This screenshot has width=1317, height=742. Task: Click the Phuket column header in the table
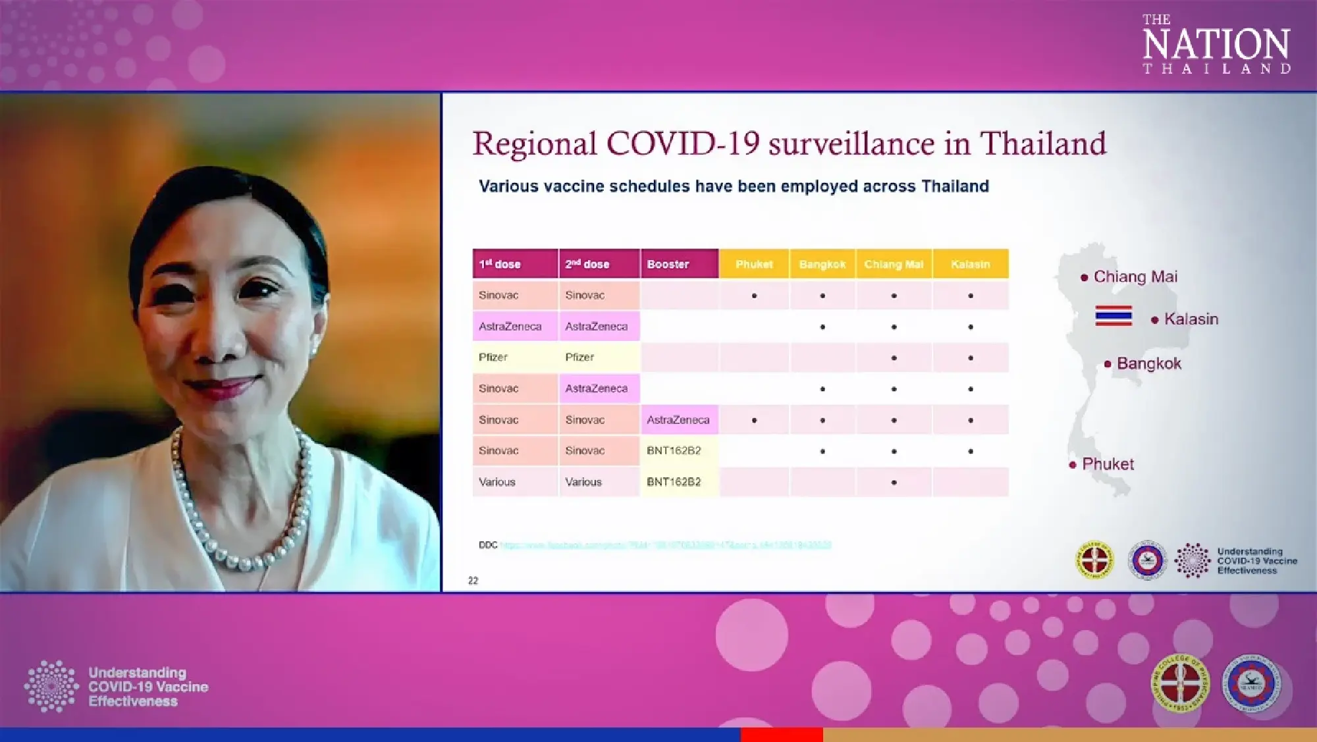(754, 264)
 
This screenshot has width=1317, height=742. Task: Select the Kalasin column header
(970, 264)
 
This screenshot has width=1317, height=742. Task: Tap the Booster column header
(668, 264)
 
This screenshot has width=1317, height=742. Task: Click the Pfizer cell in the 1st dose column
(493, 357)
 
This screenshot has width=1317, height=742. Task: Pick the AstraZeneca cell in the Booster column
(678, 419)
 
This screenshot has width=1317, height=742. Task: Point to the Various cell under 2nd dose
(583, 482)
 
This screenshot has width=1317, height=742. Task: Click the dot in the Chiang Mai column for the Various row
(894, 483)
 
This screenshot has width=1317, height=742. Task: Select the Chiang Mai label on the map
(1135, 277)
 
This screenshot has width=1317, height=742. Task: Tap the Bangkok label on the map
(1148, 363)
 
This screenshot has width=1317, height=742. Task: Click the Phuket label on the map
(1108, 464)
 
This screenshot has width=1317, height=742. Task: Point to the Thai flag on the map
(1114, 315)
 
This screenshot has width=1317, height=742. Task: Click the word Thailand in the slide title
(1043, 144)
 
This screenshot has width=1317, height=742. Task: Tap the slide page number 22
(473, 580)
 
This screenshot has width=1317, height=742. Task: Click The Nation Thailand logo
(1216, 44)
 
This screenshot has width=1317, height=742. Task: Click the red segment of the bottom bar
(782, 734)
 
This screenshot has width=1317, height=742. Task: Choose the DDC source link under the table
(665, 545)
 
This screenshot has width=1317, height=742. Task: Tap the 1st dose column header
(500, 264)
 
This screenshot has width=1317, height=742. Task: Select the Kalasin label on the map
(1191, 319)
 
